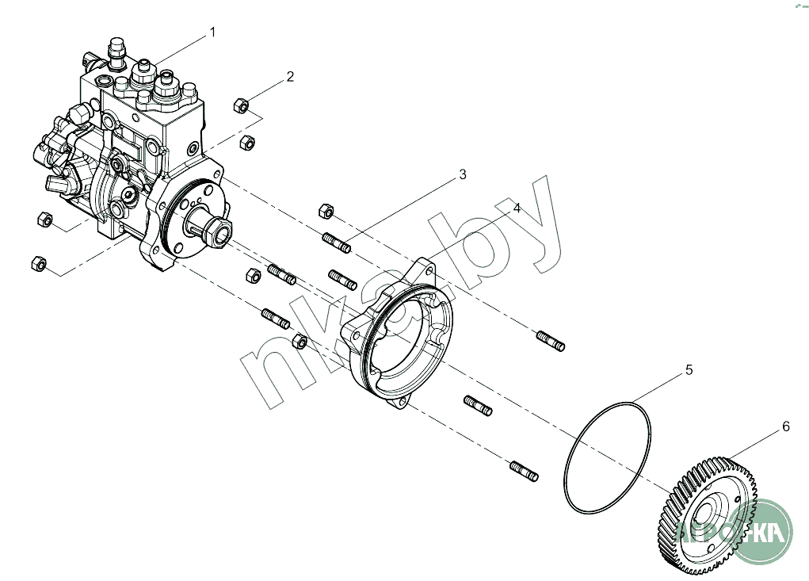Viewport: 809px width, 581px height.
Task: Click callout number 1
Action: click(212, 32)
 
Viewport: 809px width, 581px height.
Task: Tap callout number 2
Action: click(290, 77)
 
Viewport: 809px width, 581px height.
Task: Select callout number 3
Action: click(463, 175)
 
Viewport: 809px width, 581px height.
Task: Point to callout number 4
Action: click(516, 208)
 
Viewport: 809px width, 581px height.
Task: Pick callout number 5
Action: click(689, 369)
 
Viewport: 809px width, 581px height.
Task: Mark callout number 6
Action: click(786, 426)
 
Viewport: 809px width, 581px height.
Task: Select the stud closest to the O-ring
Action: click(524, 471)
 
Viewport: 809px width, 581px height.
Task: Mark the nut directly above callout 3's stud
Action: click(324, 210)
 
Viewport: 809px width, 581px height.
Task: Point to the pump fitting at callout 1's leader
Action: click(146, 73)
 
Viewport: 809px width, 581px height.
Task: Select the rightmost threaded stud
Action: click(551, 341)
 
